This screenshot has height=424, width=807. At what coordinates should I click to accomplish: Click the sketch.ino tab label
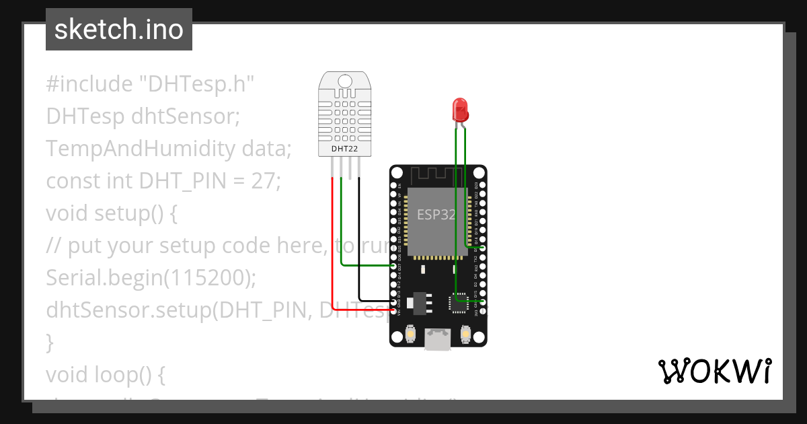click(118, 30)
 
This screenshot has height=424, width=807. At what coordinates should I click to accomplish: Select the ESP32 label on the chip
click(436, 215)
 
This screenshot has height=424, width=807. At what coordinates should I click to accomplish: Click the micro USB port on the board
click(438, 339)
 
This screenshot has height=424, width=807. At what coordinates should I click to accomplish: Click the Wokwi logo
click(714, 372)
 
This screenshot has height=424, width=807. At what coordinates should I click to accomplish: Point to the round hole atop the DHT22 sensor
click(345, 81)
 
